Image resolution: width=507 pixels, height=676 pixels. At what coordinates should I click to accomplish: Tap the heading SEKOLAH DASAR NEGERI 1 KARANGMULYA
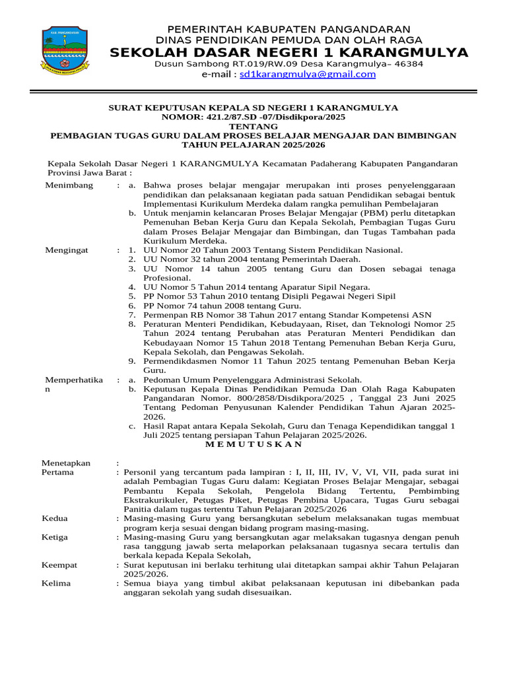[289, 53]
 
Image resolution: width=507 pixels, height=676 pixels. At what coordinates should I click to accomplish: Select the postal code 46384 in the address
[408, 64]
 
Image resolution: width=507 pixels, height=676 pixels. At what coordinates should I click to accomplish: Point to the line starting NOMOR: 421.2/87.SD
[253, 116]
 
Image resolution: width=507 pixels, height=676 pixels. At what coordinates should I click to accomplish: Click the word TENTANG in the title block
[253, 125]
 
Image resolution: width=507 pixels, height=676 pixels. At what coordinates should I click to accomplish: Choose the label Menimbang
[69, 186]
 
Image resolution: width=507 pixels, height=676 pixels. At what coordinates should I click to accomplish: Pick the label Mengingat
[67, 250]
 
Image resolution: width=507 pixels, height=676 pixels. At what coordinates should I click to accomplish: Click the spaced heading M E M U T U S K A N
[253, 444]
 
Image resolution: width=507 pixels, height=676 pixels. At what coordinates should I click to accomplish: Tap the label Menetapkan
[65, 463]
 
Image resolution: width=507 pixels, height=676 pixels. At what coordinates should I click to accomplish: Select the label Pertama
[57, 472]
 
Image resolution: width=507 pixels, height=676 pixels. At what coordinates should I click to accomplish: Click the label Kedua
[54, 519]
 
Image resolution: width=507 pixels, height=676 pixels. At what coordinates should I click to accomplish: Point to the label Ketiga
[55, 537]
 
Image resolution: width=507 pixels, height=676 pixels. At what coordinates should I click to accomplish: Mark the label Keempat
[59, 565]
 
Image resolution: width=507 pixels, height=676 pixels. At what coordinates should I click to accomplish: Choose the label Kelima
[56, 584]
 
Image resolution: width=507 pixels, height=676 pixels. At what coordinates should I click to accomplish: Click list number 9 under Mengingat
[131, 361]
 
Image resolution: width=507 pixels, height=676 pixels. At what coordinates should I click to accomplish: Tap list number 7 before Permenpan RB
[131, 315]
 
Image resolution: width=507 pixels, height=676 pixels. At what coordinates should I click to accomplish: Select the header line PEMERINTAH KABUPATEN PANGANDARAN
[288, 30]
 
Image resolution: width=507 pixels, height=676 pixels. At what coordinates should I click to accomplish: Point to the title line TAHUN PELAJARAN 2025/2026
[253, 144]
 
